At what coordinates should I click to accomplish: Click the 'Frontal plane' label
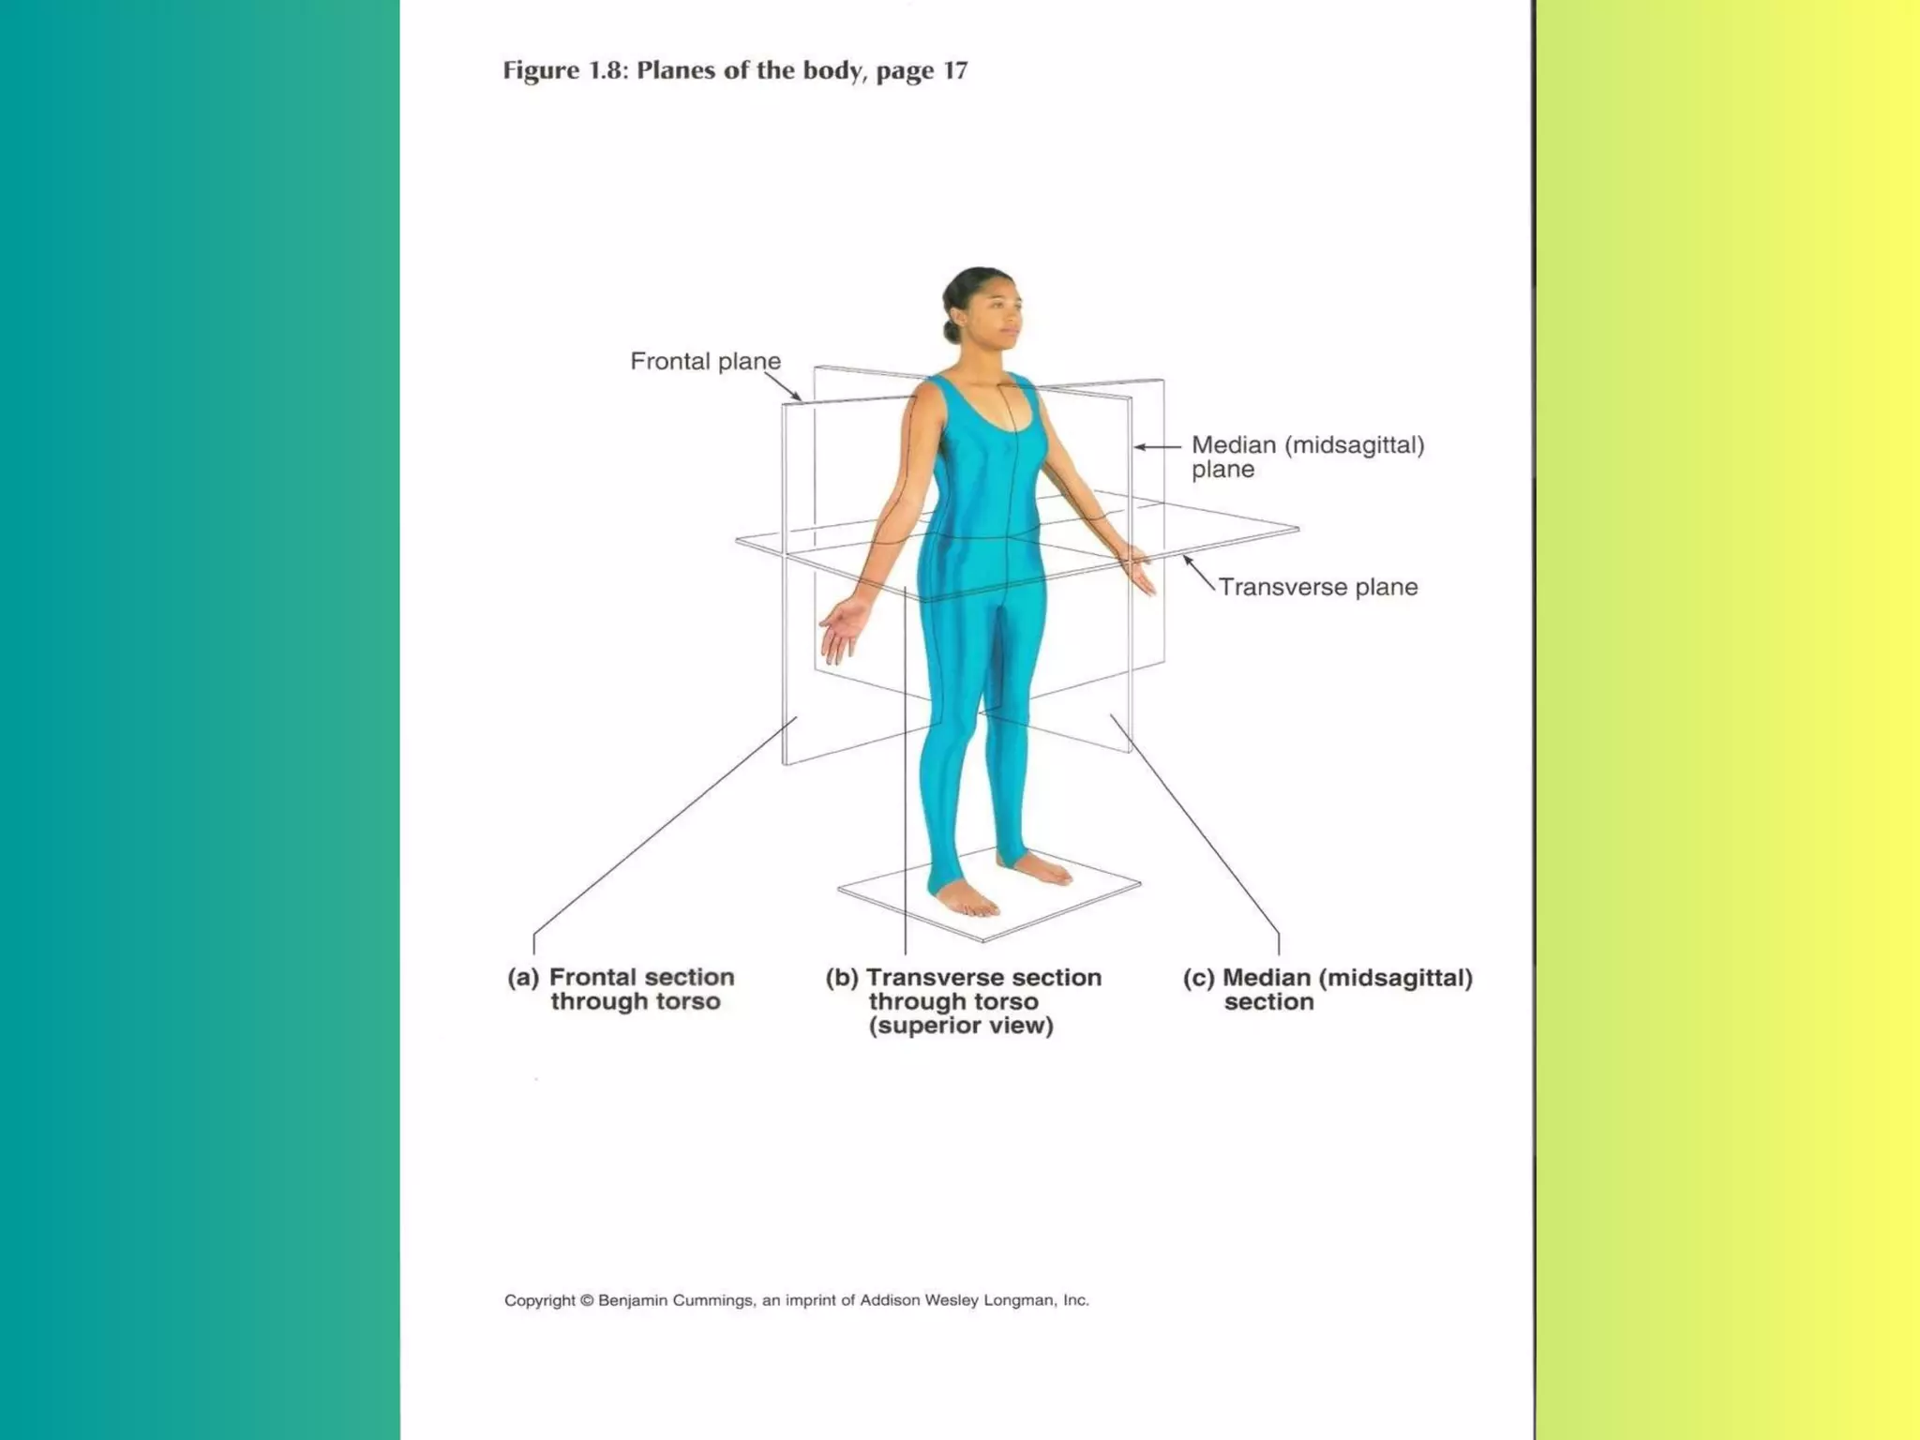[705, 362]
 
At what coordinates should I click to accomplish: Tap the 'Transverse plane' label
[1317, 588]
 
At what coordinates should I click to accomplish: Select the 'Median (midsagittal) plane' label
[1307, 457]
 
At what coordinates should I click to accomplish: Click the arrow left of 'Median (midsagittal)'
[1157, 447]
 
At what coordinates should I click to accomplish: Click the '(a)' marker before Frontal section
[523, 978]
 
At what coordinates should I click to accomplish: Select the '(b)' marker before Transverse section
[841, 978]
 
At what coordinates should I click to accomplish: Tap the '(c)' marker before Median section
[1198, 979]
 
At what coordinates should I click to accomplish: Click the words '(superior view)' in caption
[961, 1026]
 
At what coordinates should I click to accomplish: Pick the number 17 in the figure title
[955, 71]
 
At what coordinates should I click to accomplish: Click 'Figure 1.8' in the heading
[562, 71]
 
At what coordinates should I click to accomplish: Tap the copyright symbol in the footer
[587, 1300]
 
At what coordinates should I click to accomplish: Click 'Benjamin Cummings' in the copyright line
[675, 1300]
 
